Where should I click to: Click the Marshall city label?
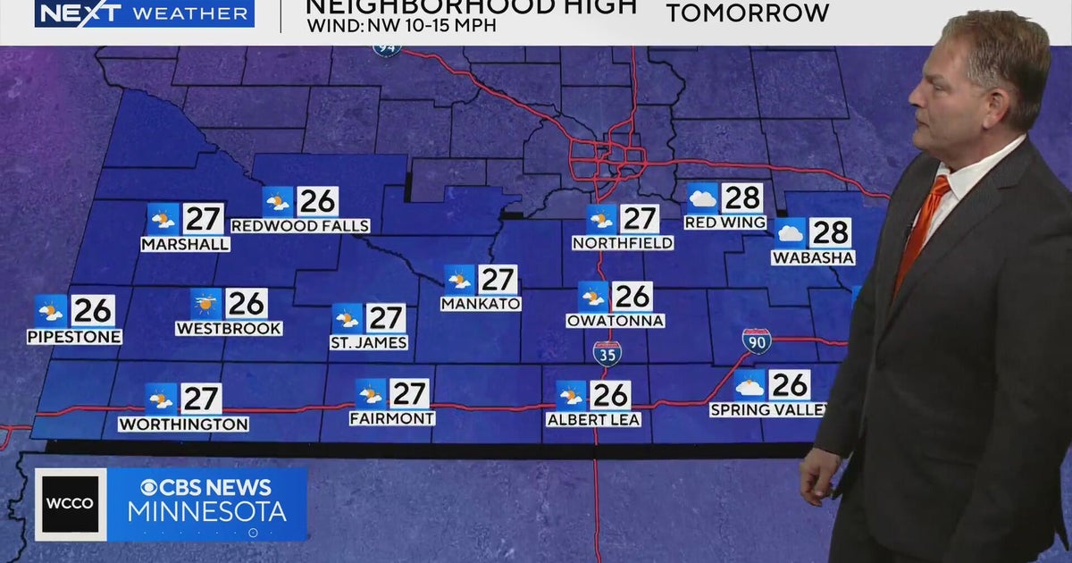(185, 244)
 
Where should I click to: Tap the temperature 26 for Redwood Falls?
(317, 201)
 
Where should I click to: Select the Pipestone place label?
(74, 337)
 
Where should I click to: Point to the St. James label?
(369, 342)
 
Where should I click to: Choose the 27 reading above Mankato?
(498, 280)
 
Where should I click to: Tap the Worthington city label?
(183, 424)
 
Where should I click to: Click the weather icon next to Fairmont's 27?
(371, 393)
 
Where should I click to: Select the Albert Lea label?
(593, 419)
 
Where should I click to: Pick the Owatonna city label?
(616, 320)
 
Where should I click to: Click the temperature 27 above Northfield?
(639, 219)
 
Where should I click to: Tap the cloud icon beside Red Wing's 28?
(702, 197)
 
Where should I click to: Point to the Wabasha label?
(814, 257)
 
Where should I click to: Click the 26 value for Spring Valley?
(789, 385)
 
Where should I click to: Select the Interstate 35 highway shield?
(607, 353)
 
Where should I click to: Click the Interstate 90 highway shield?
(756, 340)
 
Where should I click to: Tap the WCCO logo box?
(71, 504)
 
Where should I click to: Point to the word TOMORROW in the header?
(748, 13)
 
